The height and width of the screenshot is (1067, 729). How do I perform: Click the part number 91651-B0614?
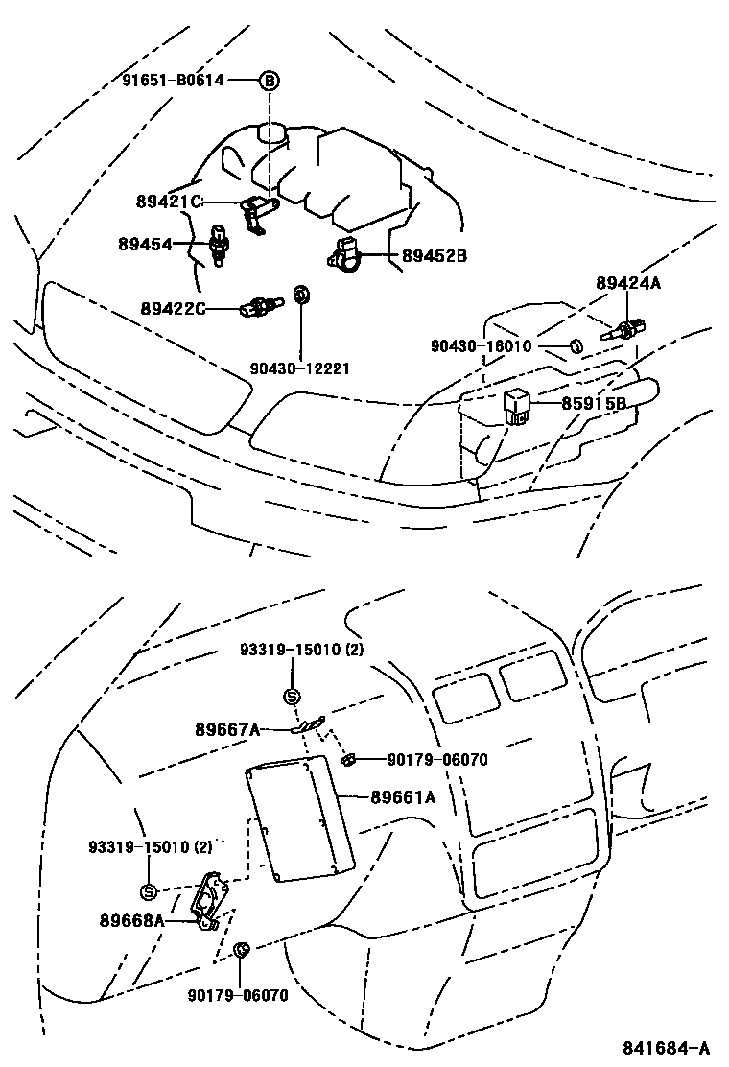click(172, 81)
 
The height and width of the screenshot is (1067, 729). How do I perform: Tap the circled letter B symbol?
click(270, 81)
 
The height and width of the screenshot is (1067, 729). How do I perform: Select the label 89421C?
click(169, 202)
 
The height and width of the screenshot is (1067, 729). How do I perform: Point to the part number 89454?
click(145, 245)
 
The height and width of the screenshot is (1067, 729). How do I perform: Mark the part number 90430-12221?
click(299, 368)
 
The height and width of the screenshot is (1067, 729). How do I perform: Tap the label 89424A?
click(628, 283)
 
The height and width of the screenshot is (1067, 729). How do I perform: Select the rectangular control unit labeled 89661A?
click(298, 820)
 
